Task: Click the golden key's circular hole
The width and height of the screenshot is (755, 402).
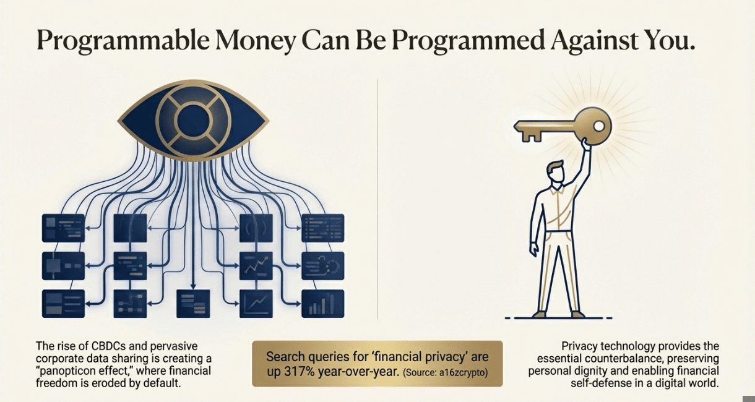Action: [x=598, y=126]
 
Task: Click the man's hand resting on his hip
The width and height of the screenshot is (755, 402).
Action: [x=533, y=248]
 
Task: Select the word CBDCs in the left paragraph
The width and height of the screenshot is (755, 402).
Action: [x=99, y=346]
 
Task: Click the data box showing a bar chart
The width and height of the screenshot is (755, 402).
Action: [x=322, y=303]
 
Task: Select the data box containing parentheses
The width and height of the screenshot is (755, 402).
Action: [x=256, y=228]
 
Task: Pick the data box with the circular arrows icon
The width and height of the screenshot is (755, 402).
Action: [x=322, y=266]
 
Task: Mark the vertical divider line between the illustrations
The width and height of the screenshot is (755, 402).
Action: [x=377, y=204]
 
